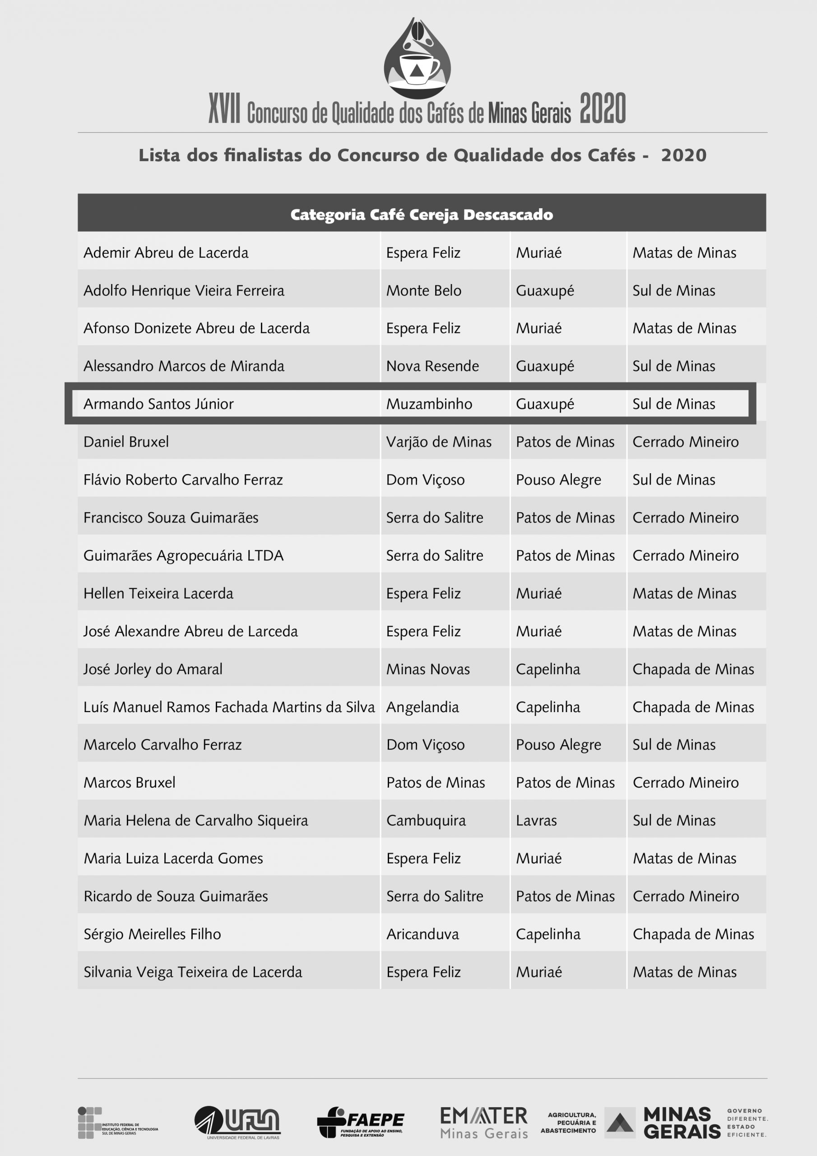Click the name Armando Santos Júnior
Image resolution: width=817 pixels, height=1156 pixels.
coord(158,404)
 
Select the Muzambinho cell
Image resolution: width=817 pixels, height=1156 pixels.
coord(429,404)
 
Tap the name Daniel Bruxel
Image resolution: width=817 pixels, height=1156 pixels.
coord(126,442)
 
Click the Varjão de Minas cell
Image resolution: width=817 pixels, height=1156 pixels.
coord(438,442)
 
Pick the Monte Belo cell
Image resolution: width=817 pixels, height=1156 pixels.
coord(423,290)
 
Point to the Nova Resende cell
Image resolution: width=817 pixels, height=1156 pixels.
coord(432,366)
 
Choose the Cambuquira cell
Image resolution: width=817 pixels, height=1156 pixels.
coord(426,820)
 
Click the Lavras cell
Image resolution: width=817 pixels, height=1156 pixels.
coord(536,820)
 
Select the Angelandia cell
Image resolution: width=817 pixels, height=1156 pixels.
coord(422,707)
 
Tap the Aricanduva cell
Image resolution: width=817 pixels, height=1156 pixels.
coord(422,934)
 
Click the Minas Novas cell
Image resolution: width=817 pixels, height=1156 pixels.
coord(428,669)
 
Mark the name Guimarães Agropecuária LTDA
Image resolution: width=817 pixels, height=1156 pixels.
coord(183,555)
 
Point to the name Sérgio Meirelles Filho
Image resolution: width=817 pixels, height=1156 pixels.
coord(152,934)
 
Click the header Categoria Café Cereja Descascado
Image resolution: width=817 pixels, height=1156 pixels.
coord(421,214)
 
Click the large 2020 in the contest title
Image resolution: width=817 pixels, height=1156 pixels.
coord(602,108)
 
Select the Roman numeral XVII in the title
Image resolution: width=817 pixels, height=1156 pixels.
coord(224,108)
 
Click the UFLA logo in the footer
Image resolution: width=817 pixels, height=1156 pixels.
coord(237,1122)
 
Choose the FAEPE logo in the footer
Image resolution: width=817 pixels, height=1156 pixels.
coord(360,1122)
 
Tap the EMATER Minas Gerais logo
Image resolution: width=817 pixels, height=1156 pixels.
coord(484,1122)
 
